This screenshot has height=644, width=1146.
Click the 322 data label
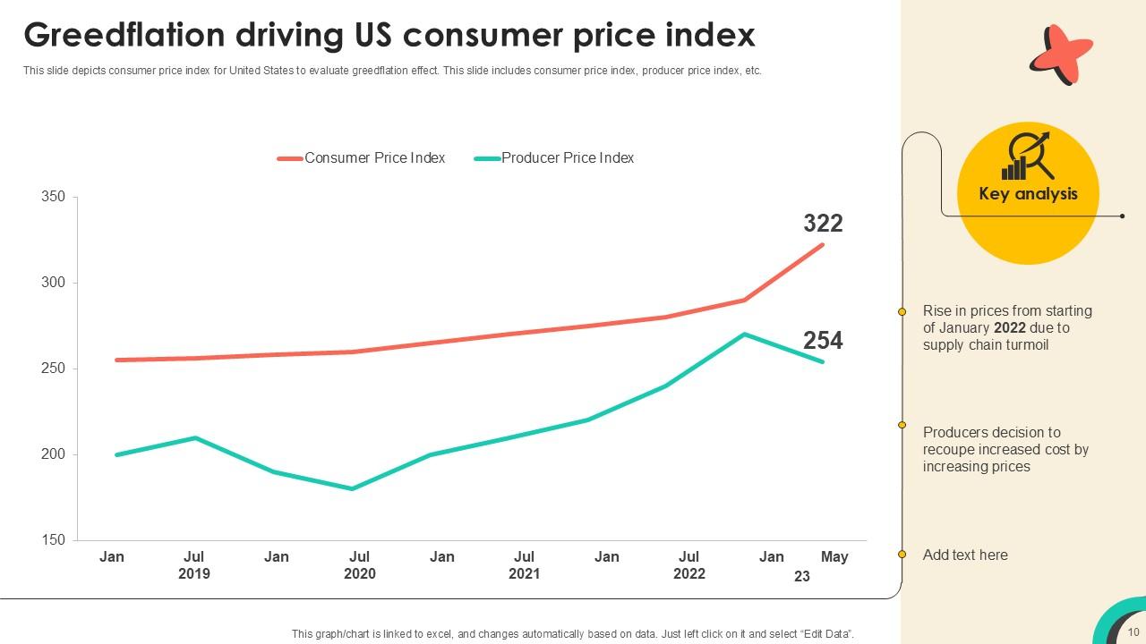click(823, 224)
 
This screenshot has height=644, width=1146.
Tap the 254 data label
click(823, 341)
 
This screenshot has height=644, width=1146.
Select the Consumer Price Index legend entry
click(361, 158)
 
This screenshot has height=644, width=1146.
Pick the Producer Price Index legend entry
click(553, 158)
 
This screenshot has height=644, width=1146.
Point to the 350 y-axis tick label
click(53, 197)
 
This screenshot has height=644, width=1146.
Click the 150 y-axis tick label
click(53, 540)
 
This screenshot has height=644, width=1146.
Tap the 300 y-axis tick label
click(53, 283)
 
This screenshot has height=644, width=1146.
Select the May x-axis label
click(834, 556)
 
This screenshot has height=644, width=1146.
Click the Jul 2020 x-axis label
click(359, 564)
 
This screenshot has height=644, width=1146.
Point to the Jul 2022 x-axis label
click(688, 564)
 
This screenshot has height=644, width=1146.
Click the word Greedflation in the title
click(124, 35)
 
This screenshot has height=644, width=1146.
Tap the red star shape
click(1061, 55)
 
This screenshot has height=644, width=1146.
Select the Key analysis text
click(1028, 194)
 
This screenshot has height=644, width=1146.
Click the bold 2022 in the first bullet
click(1009, 327)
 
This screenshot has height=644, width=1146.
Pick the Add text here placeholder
click(965, 555)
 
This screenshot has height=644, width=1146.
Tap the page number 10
click(1133, 631)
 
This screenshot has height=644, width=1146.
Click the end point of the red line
click(823, 244)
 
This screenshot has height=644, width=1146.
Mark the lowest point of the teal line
click(353, 488)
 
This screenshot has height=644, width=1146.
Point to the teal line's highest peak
click(744, 335)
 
